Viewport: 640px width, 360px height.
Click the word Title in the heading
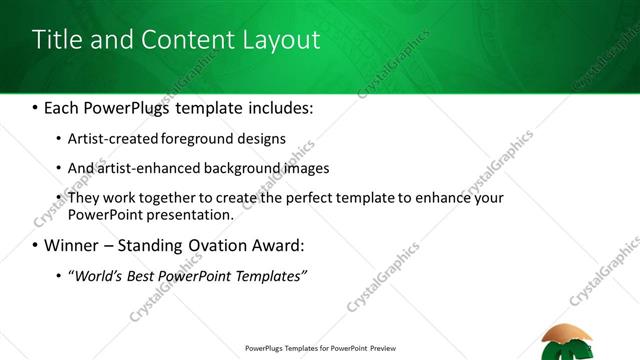tap(58, 40)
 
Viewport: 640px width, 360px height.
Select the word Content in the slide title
tap(182, 40)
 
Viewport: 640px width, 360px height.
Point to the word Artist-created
tap(107, 139)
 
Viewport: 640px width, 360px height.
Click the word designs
tap(259, 139)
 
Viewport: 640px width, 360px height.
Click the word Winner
tap(72, 245)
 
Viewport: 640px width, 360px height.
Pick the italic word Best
tap(143, 275)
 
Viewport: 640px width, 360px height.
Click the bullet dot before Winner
tap(36, 245)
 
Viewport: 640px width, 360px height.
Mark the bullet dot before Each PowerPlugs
tap(36, 105)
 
